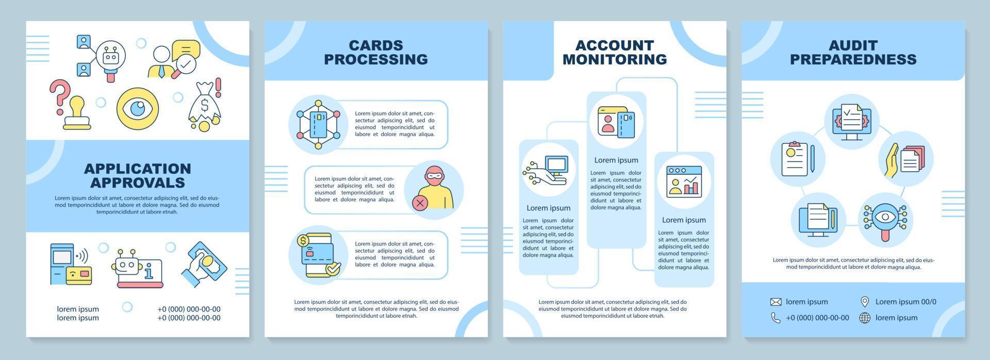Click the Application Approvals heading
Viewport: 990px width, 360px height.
pyautogui.click(x=137, y=175)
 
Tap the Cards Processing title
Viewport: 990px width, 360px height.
pyautogui.click(x=376, y=52)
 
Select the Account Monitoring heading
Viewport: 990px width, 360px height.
pyautogui.click(x=615, y=52)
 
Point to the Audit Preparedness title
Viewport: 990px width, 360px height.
pyautogui.click(x=853, y=52)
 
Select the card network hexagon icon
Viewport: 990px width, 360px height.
pyautogui.click(x=318, y=125)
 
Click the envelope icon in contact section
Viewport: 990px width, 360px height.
pyautogui.click(x=775, y=302)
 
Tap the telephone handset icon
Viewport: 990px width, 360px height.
pyautogui.click(x=775, y=318)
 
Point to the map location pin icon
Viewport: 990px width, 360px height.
pyautogui.click(x=865, y=302)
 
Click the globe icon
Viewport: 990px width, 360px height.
pyautogui.click(x=865, y=318)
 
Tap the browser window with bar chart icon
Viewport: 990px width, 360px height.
pyautogui.click(x=684, y=181)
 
